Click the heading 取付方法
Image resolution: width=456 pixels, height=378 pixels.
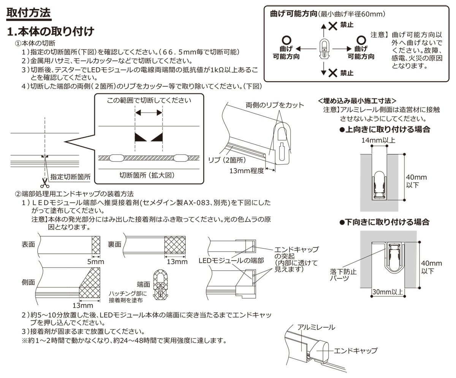click(28, 13)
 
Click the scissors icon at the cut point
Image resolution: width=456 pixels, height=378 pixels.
click(45, 183)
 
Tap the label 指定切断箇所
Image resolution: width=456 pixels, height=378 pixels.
click(70, 177)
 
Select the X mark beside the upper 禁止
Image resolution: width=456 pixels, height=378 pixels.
click(333, 25)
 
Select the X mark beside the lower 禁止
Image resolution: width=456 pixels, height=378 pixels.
click(333, 72)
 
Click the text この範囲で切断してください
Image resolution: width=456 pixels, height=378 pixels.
click(149, 101)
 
